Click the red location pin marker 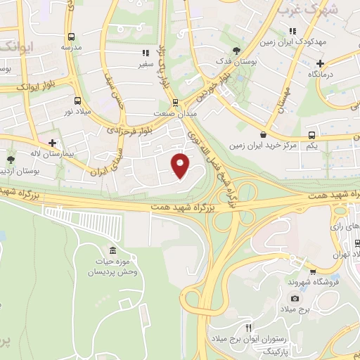pyautogui.click(x=181, y=165)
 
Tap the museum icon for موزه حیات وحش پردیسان pyautogui.click(x=113, y=252)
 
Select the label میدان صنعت pyautogui.click(x=169, y=112)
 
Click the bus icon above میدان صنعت pyautogui.click(x=169, y=101)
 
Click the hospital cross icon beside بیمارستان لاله pyautogui.click(x=52, y=142)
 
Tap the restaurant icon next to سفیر pyautogui.click(x=146, y=52)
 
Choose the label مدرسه pyautogui.click(x=71, y=47)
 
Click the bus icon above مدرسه pyautogui.click(x=71, y=37)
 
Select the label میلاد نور pyautogui.click(x=78, y=111)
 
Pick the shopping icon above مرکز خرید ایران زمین pyautogui.click(x=263, y=134)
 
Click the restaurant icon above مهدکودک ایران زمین pyautogui.click(x=292, y=31)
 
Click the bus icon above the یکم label pyautogui.click(x=311, y=135)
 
